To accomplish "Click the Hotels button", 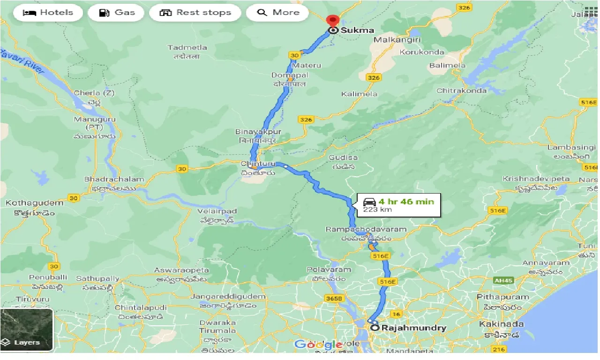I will click(x=48, y=13).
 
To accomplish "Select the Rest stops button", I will click(x=195, y=13).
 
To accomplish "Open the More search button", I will click(x=277, y=13).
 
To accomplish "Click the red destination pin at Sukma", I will click(x=333, y=21).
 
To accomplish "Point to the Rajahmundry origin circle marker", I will click(x=375, y=328).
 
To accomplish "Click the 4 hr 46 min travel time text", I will click(x=406, y=202).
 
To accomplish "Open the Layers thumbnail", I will click(x=27, y=330).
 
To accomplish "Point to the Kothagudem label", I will click(x=34, y=203).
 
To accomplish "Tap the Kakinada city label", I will click(x=501, y=324).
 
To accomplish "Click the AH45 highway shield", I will click(x=501, y=280).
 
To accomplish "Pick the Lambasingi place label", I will click(x=571, y=148).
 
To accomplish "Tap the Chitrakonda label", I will click(x=461, y=90).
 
